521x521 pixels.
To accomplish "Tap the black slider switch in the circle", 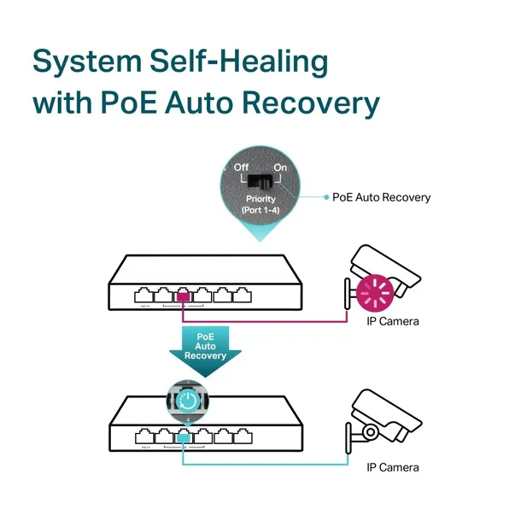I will [x=260, y=181].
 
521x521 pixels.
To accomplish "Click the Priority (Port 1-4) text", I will [x=260, y=205].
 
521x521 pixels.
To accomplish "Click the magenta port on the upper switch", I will [x=183, y=296].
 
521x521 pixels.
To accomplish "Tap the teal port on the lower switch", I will [x=183, y=436].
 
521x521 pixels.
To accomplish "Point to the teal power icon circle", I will [x=186, y=399].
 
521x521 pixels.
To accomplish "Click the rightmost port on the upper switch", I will [x=243, y=296].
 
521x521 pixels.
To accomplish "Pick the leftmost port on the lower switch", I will [x=142, y=436].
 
